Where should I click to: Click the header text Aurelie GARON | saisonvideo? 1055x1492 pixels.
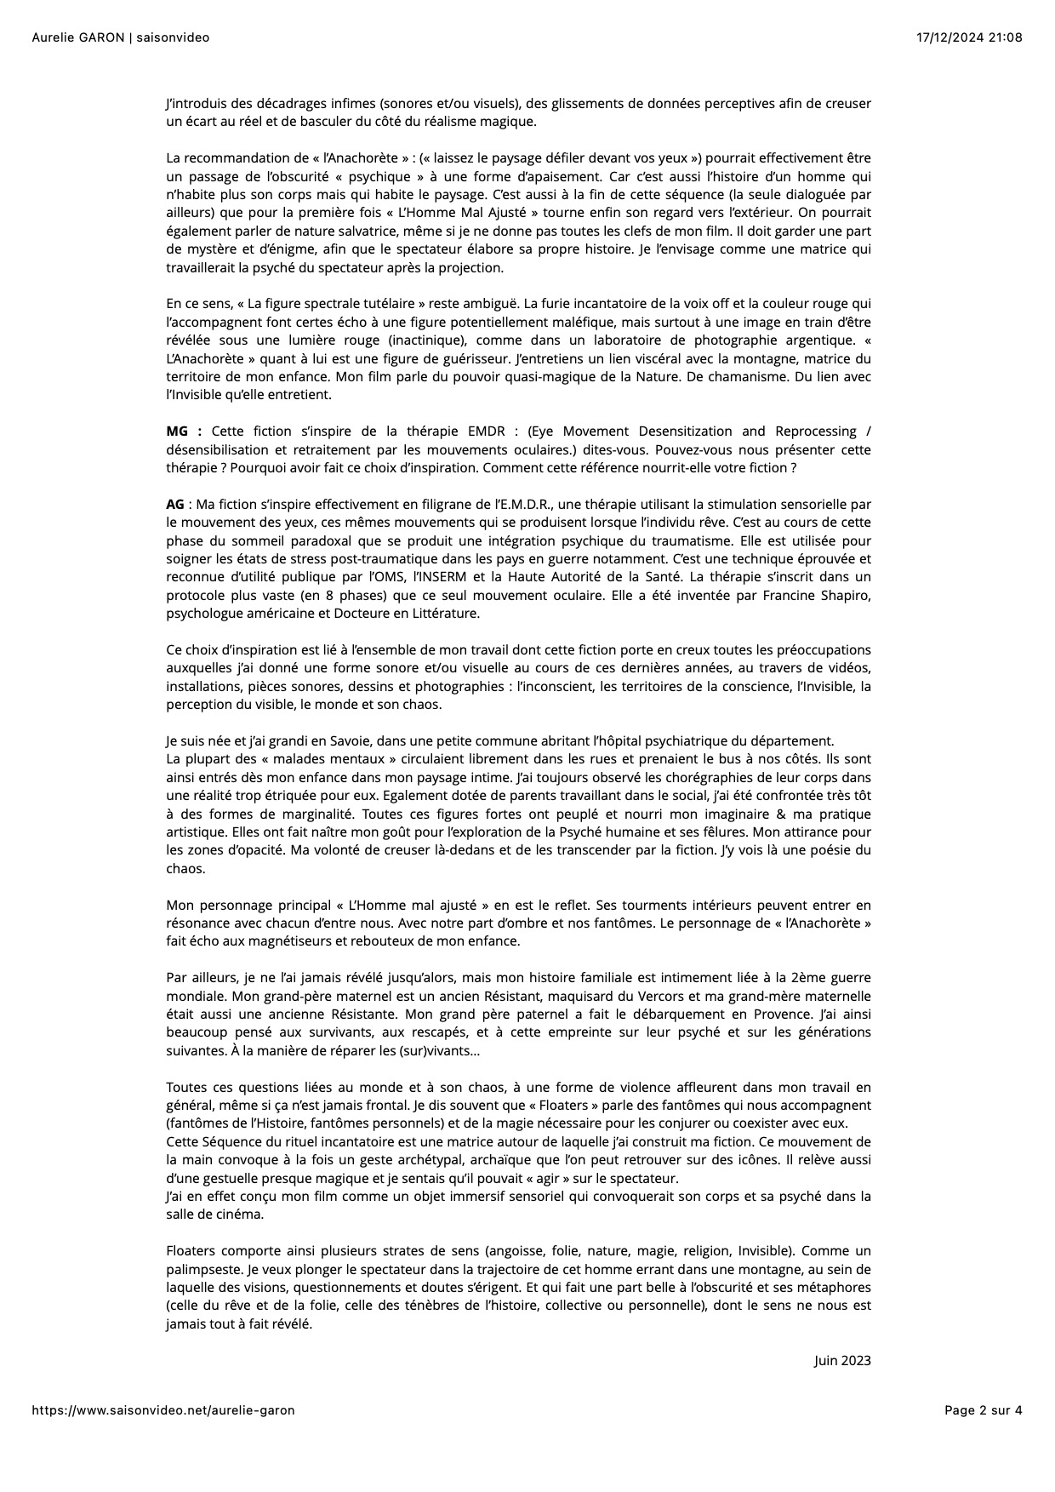pyautogui.click(x=120, y=37)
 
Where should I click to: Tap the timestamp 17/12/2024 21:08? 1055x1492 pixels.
pyautogui.click(x=969, y=37)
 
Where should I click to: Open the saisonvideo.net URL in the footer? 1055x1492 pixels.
pyautogui.click(x=163, y=1410)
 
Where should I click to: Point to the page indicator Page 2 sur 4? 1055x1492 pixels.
pyautogui.click(x=983, y=1410)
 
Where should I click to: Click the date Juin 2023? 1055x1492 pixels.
pyautogui.click(x=842, y=1360)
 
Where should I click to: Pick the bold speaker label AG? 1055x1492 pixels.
pyautogui.click(x=174, y=505)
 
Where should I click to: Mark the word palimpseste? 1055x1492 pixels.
pyautogui.click(x=203, y=1269)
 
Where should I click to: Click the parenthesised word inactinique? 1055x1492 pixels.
pyautogui.click(x=419, y=340)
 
